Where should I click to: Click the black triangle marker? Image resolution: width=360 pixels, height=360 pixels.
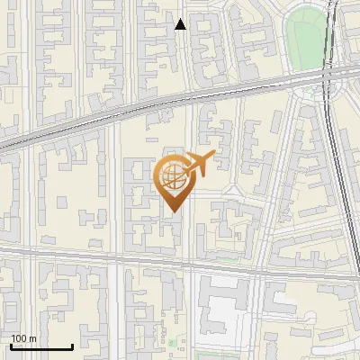pos(181,24)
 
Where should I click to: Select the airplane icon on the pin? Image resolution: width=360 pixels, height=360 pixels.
pos(197,164)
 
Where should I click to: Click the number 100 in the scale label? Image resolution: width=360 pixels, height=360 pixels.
pos(19,338)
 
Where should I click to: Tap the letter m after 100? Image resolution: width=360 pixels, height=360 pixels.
pos(32,338)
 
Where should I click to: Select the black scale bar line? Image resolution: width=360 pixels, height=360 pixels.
pos(40,346)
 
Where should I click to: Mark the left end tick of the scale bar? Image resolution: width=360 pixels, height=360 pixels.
pos(10,345)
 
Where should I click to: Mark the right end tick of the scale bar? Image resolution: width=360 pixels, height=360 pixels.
pos(72,345)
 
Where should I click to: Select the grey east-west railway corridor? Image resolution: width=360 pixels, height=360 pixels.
pos(135,111)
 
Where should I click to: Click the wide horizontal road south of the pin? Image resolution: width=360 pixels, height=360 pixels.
pos(135,258)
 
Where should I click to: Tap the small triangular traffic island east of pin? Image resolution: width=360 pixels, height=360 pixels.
pos(229,190)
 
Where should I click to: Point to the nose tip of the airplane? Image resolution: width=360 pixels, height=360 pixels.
pos(214,157)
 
